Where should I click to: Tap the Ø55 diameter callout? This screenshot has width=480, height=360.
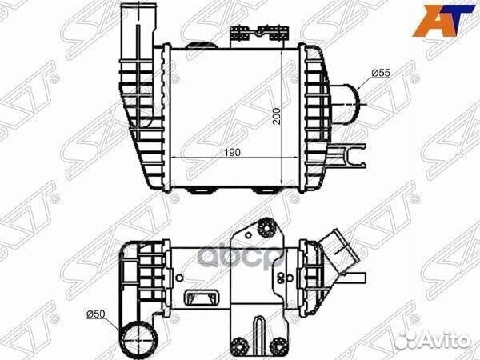coord(381,73)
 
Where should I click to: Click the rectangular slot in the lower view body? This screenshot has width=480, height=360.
coord(198,298)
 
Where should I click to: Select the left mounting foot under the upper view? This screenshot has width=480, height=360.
coord(201,191)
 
